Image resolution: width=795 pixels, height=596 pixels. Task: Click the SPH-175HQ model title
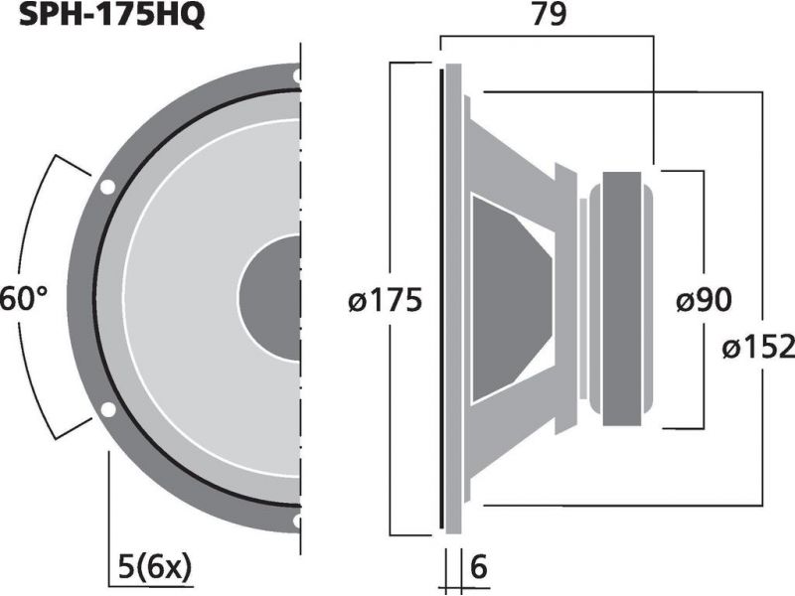tap(111, 16)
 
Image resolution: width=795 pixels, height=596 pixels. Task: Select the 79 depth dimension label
tap(549, 15)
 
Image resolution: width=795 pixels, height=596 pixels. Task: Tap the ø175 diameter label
tap(386, 301)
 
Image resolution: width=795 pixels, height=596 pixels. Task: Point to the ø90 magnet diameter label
tap(705, 301)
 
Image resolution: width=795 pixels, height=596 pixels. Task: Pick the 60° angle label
tap(24, 298)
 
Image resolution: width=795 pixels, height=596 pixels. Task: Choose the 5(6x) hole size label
tap(155, 567)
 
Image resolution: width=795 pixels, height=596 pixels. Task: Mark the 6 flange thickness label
tap(479, 567)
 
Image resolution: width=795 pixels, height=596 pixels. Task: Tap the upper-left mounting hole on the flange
tap(107, 187)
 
